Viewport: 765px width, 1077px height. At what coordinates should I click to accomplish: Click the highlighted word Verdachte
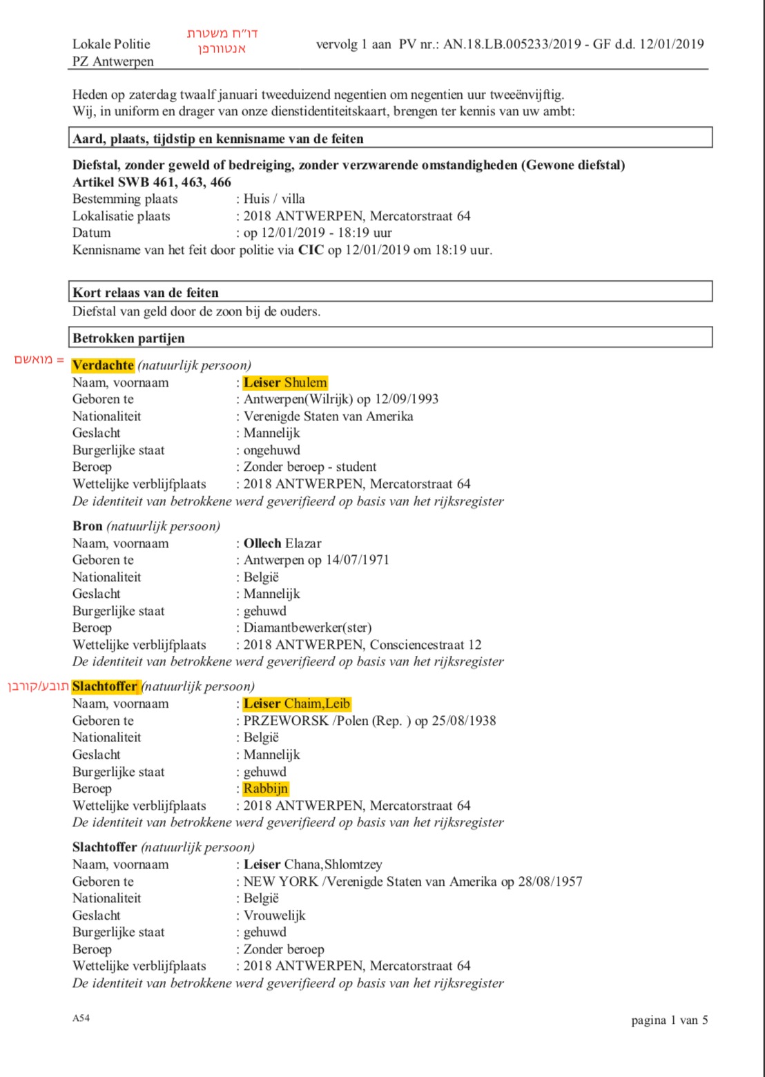tap(103, 365)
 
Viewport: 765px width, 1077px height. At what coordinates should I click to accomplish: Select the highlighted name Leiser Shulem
tap(285, 382)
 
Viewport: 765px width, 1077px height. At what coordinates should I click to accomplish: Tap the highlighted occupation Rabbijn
tap(266, 788)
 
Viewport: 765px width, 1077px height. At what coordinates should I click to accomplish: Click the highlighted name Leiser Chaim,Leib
tap(297, 704)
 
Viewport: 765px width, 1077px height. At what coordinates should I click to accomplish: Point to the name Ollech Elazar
tap(282, 543)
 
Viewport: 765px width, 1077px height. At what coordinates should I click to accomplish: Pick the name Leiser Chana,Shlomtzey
tap(313, 864)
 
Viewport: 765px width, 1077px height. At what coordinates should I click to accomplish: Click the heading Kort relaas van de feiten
tap(146, 292)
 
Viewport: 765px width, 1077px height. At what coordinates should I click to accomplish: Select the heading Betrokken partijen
tap(129, 338)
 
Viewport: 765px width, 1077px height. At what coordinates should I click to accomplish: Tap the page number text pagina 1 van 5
tap(669, 1020)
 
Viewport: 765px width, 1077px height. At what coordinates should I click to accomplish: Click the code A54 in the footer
tap(81, 1018)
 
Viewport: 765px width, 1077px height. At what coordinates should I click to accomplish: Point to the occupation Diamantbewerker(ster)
tap(307, 628)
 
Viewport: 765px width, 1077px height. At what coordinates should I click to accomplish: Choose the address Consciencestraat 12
tap(425, 645)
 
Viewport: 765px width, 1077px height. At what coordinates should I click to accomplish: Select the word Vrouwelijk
tap(274, 915)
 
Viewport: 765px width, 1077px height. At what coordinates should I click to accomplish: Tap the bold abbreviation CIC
tap(311, 250)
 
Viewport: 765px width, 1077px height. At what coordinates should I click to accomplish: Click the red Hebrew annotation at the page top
tap(222, 41)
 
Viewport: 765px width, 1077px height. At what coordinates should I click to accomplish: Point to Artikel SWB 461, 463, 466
tap(152, 182)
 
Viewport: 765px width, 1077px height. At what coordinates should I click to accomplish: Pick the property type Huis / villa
tap(274, 199)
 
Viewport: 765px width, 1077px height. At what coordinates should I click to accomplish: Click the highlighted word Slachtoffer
tap(105, 686)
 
